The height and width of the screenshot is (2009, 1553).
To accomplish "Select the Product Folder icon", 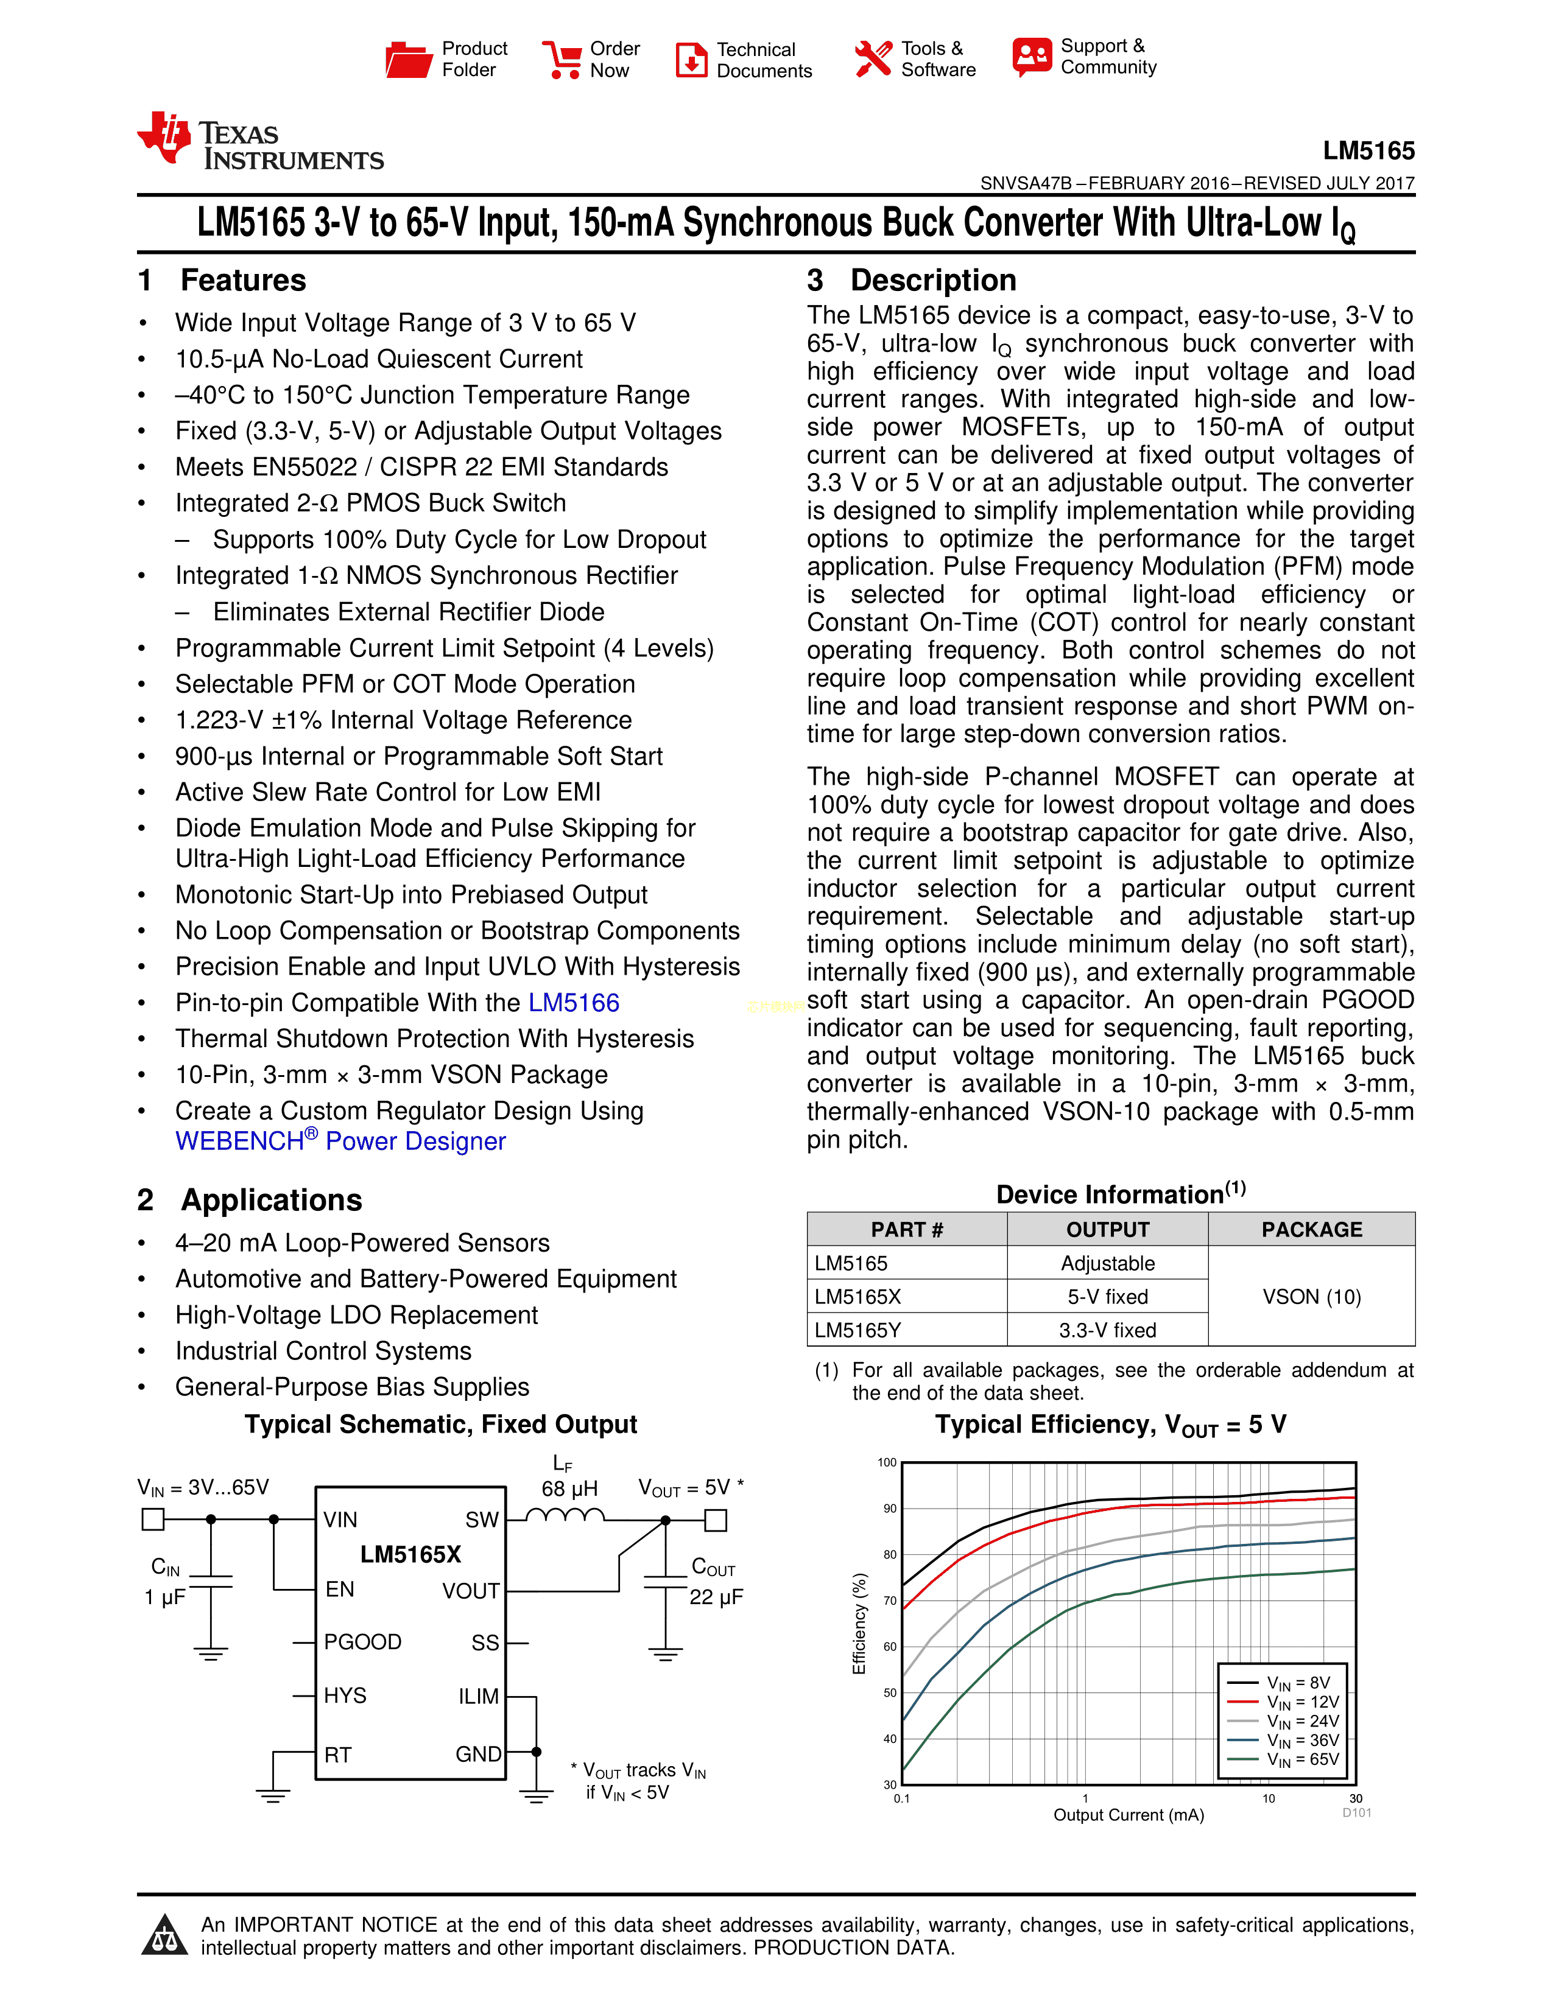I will [x=407, y=60].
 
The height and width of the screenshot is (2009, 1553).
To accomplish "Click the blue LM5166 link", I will [x=573, y=1003].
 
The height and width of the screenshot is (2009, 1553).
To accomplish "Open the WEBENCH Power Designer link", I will [x=340, y=1141].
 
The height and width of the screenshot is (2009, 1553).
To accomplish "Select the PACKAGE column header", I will [x=1311, y=1230].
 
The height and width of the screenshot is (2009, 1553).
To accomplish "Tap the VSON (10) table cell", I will [x=1311, y=1297].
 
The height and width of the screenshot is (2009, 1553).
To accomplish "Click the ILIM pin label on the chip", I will [x=479, y=1696].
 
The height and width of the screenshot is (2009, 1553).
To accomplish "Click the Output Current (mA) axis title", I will [x=1128, y=1815].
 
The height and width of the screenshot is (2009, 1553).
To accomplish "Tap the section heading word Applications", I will [x=272, y=1201].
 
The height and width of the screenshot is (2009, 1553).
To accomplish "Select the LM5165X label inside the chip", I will [x=410, y=1555].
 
